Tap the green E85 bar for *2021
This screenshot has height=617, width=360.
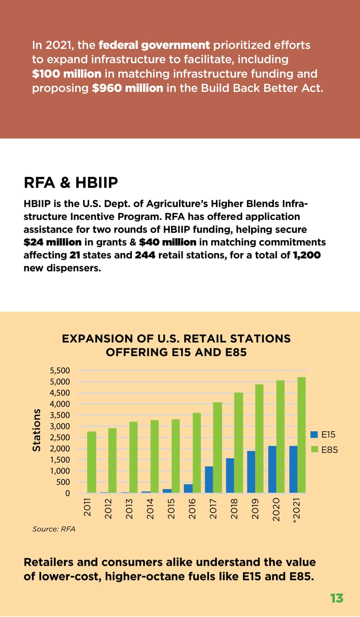(302, 435)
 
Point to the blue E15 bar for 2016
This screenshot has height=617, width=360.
(188, 489)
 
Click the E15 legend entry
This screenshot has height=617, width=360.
(323, 434)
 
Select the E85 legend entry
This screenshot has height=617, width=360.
(324, 450)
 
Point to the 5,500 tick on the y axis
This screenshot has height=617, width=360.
(60, 371)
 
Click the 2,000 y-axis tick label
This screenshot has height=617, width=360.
(60, 448)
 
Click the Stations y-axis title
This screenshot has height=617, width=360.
(36, 430)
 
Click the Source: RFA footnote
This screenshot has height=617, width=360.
(54, 529)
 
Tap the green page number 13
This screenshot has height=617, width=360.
(337, 598)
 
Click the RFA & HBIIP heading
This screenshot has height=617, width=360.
(71, 182)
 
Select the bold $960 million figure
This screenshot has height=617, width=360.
(127, 88)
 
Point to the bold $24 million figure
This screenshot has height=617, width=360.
(53, 242)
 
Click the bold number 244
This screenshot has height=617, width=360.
(145, 255)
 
